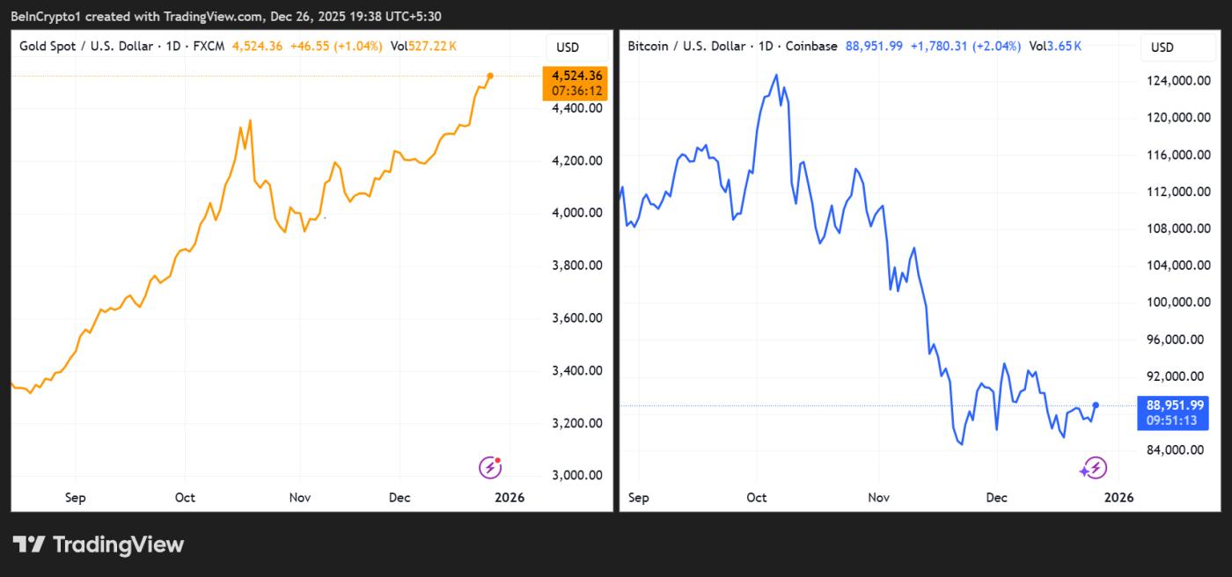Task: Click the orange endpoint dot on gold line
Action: tap(490, 77)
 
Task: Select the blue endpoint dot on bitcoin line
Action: tap(1096, 405)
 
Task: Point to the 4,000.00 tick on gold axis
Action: tap(577, 213)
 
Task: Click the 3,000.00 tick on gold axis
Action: tap(577, 476)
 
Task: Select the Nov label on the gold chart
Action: tap(300, 498)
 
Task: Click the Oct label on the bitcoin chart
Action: tap(757, 498)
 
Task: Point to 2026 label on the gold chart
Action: tap(510, 498)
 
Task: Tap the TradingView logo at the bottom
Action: tap(98, 544)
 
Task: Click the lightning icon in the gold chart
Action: tap(490, 467)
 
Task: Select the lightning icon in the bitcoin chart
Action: tap(1094, 468)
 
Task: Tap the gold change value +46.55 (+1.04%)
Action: tap(335, 47)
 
